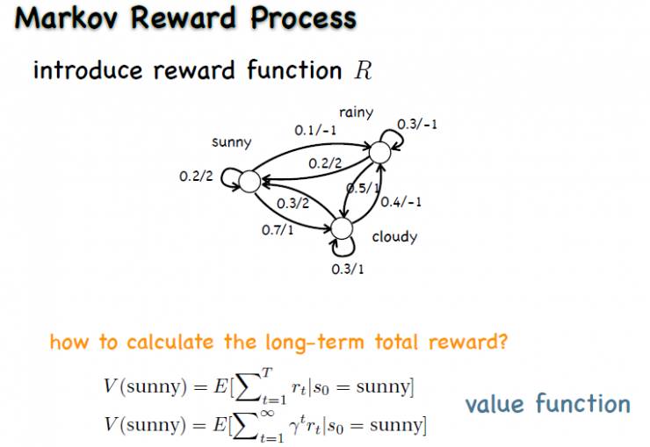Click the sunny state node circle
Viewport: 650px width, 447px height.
click(x=249, y=182)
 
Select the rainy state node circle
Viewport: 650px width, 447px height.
click(x=379, y=152)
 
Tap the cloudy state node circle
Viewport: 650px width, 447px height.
click(x=341, y=228)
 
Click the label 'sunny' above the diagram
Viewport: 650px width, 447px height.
click(x=232, y=142)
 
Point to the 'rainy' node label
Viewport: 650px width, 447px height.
click(x=357, y=112)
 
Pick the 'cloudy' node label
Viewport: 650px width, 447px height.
click(x=394, y=237)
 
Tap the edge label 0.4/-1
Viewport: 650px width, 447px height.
click(x=402, y=203)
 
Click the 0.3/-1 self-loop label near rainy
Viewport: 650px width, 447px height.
click(x=417, y=124)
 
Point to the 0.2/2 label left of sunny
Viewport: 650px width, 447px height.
click(x=196, y=177)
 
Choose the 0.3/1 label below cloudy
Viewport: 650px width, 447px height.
click(x=347, y=269)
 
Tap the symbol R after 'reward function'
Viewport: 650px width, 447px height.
click(x=364, y=71)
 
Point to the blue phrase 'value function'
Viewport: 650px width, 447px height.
click(x=547, y=404)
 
